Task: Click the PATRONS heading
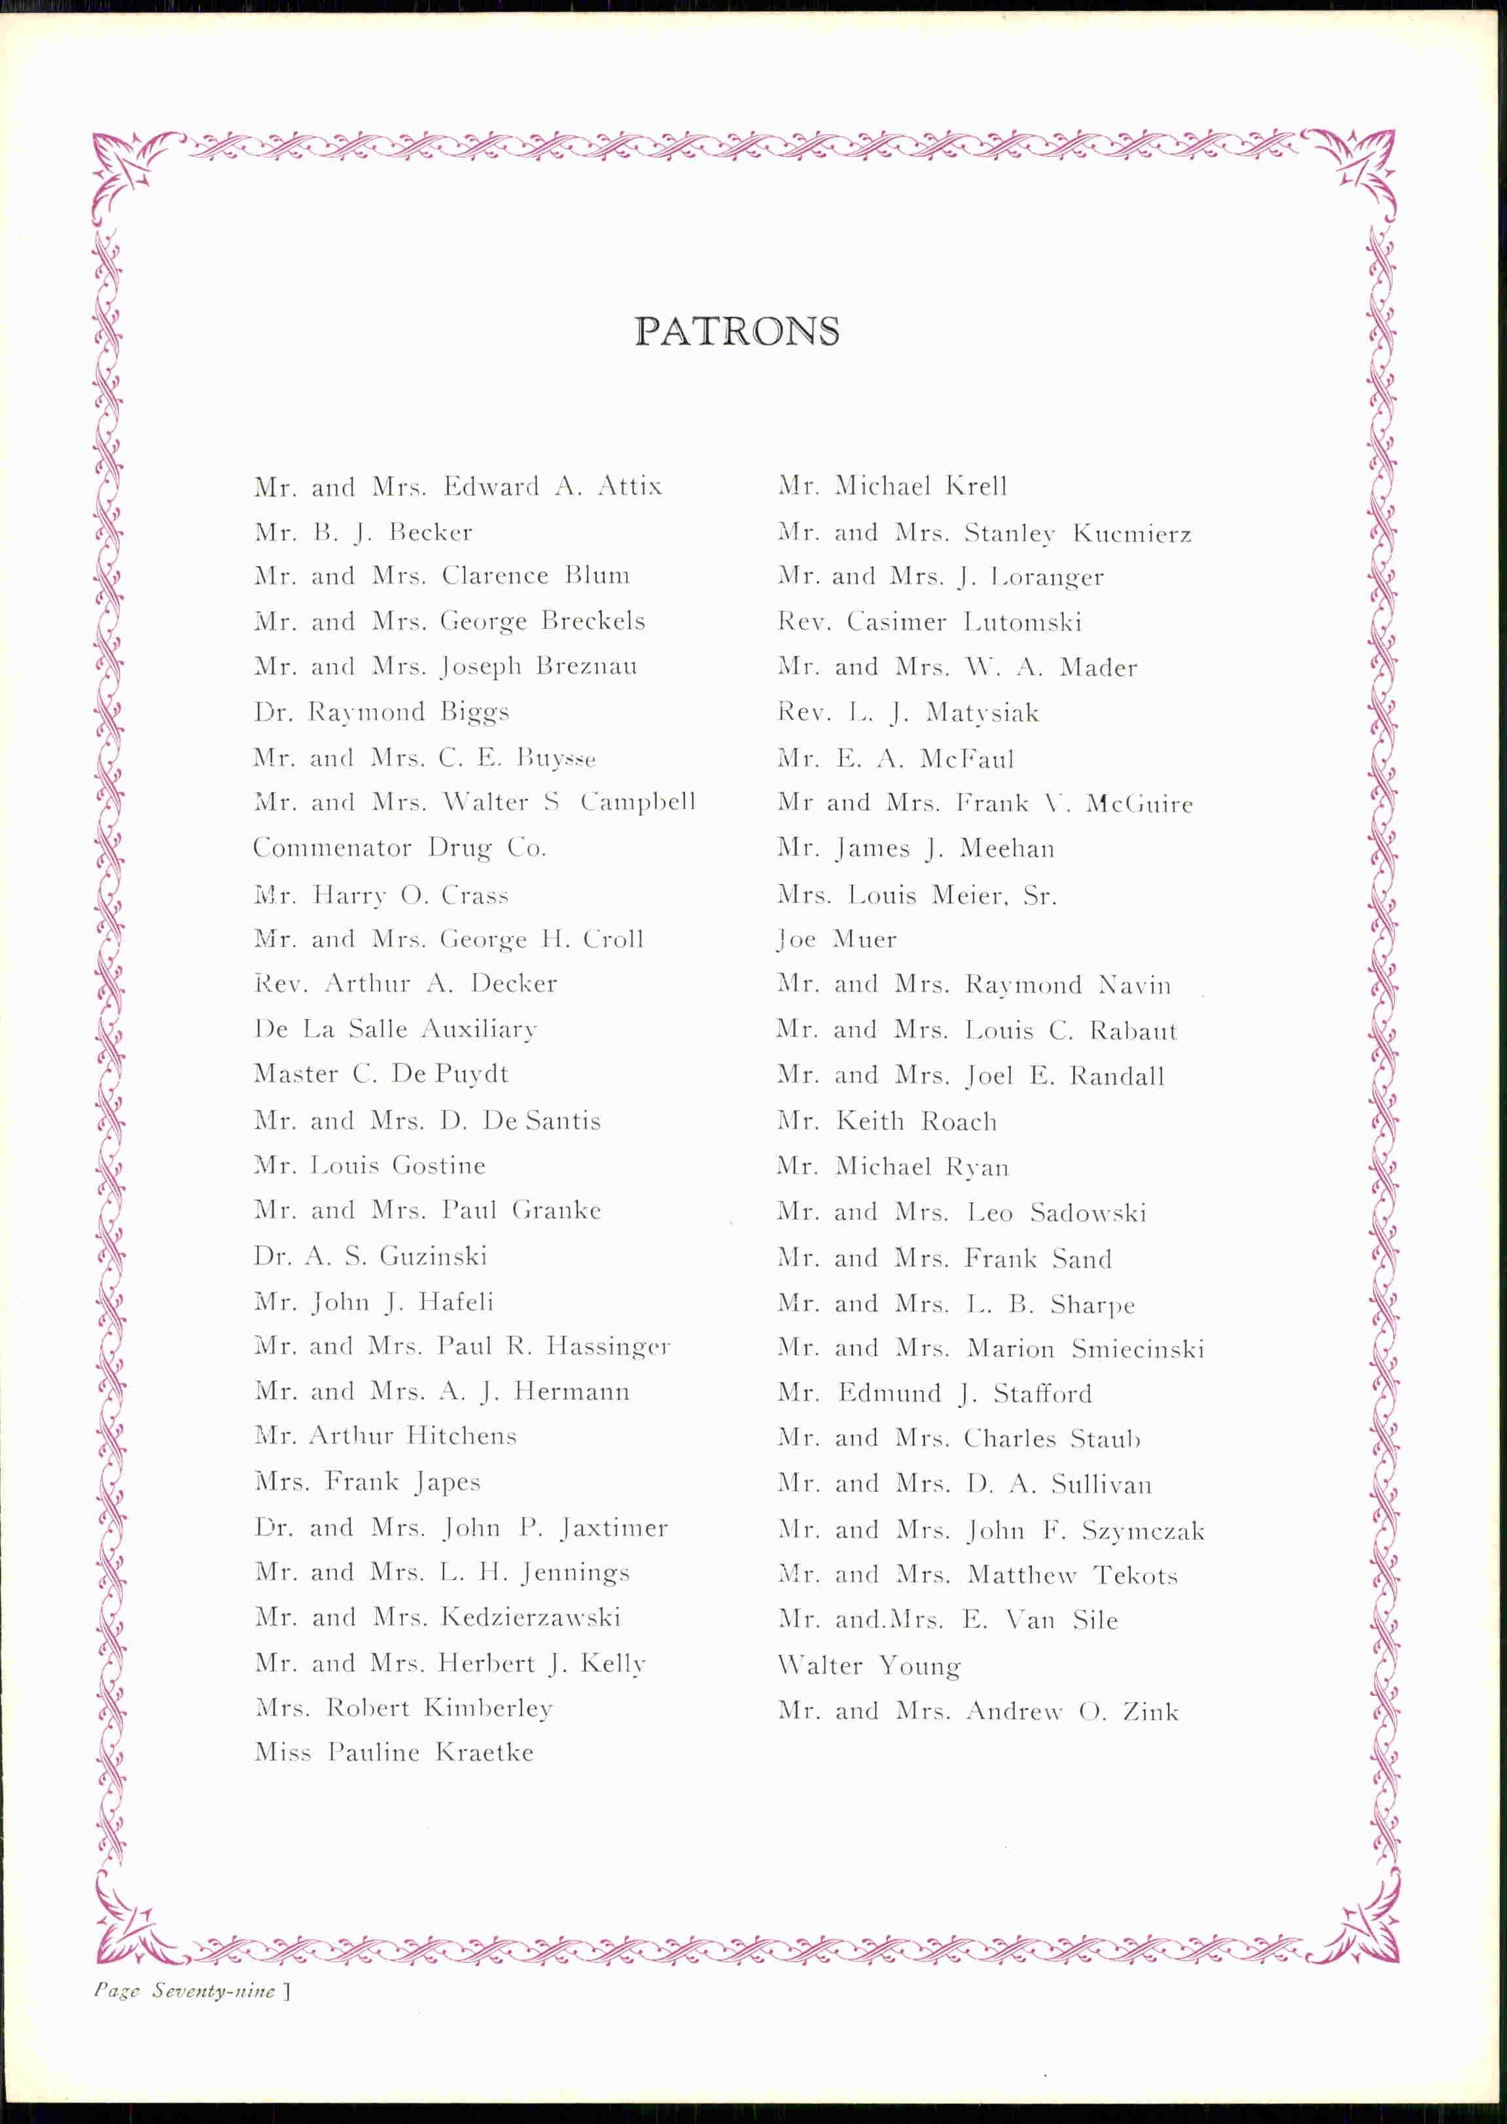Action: (737, 331)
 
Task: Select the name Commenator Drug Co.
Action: (399, 848)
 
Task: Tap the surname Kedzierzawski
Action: (531, 1618)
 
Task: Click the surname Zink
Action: (1150, 1711)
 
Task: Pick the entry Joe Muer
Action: (837, 939)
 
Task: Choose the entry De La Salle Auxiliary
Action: (395, 1029)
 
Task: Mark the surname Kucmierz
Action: (1132, 533)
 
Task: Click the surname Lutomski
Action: (1023, 622)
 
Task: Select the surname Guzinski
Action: (433, 1256)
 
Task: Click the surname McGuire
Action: (1139, 804)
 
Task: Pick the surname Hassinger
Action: (608, 1347)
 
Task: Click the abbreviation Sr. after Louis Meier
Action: (1039, 895)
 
